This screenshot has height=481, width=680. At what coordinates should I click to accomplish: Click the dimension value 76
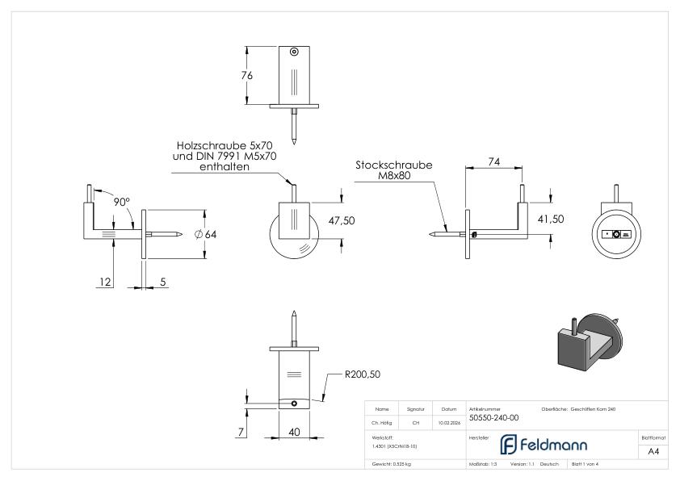(x=247, y=76)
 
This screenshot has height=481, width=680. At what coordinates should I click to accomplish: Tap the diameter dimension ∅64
(x=207, y=235)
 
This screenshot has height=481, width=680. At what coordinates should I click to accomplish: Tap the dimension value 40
(x=295, y=433)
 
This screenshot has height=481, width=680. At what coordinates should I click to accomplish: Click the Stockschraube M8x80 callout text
(x=394, y=170)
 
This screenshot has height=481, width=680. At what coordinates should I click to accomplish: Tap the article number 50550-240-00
(x=494, y=418)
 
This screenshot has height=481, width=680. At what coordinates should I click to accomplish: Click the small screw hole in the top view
(x=293, y=52)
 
